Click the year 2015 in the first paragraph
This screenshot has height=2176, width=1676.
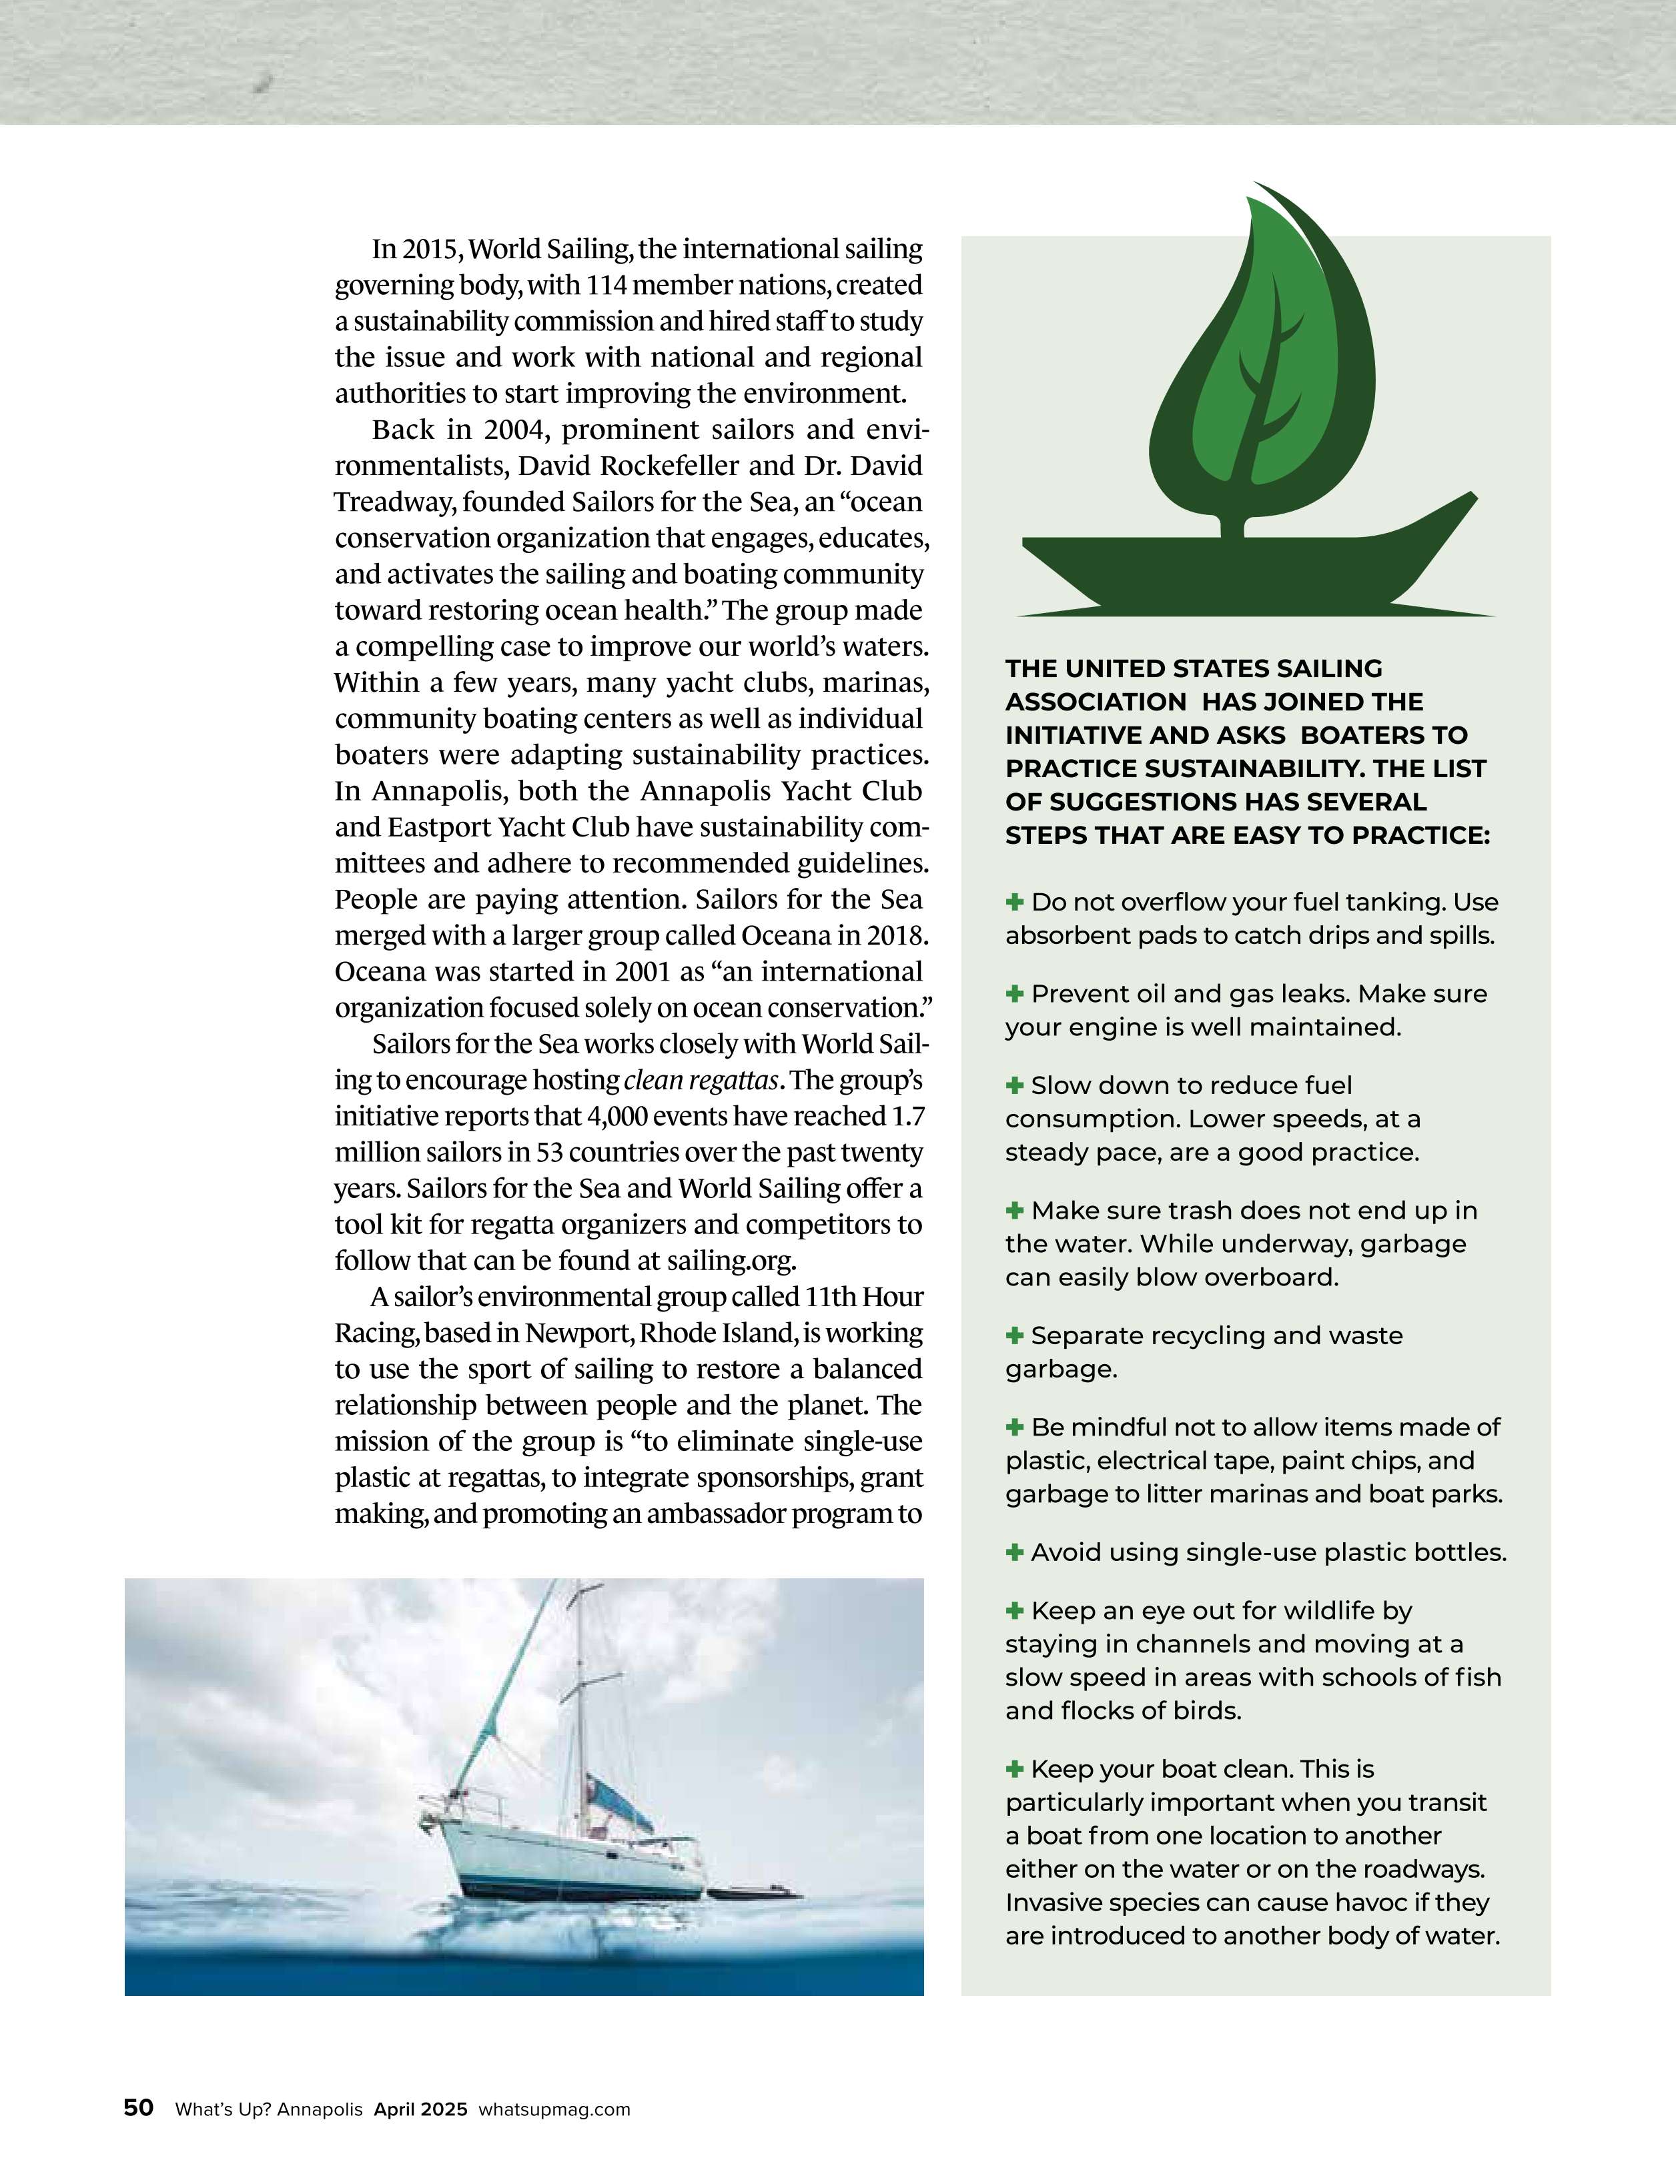[x=430, y=248]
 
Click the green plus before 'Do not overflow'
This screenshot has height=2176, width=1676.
[x=1014, y=902]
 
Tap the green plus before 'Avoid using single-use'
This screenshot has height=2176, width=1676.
[x=1014, y=1552]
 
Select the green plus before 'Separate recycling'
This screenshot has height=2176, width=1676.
[x=1014, y=1335]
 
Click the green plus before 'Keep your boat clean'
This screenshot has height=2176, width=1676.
[x=1014, y=1768]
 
